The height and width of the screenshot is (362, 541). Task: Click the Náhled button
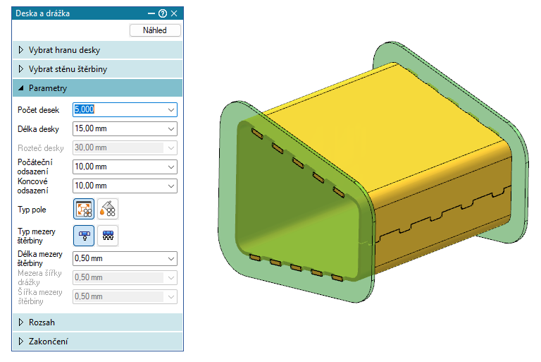pos(155,30)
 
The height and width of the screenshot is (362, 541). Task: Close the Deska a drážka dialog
pos(174,13)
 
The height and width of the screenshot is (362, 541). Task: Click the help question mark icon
pos(163,13)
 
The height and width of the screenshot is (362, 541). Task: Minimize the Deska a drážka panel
pos(151,13)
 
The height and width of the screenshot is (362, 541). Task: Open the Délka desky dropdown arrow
pos(171,129)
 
